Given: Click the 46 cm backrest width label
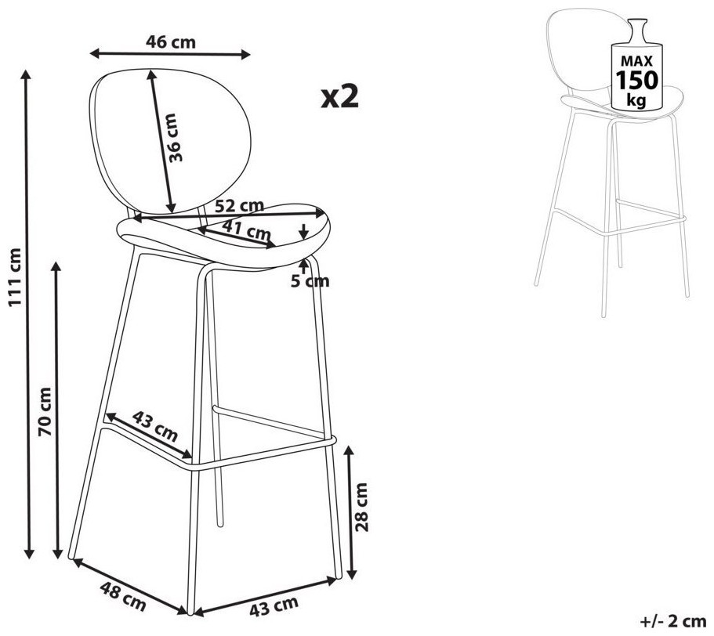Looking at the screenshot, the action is [171, 42].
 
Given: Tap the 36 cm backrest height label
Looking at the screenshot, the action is [175, 138].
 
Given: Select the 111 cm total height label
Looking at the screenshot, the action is [15, 277].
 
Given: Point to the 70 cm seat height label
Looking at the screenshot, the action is [45, 411].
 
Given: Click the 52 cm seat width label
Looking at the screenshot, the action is [239, 206].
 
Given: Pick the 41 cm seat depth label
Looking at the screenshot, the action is [247, 229].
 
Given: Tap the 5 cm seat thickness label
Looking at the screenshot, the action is [310, 282].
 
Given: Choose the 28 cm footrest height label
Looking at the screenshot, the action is [361, 508].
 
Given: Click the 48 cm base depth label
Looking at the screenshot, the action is [123, 596].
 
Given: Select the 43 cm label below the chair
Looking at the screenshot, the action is [274, 606].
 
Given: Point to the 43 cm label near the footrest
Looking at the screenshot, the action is [155, 426].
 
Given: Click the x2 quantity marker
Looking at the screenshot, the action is [340, 96].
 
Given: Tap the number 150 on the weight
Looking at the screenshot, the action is [636, 81].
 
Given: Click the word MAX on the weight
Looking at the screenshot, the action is [637, 61].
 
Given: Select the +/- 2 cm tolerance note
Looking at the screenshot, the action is [673, 620].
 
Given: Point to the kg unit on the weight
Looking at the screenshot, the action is [636, 99].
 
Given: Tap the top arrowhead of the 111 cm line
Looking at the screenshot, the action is [27, 74].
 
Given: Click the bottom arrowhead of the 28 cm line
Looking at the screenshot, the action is [351, 573].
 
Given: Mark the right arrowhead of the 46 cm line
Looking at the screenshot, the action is [245, 55].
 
